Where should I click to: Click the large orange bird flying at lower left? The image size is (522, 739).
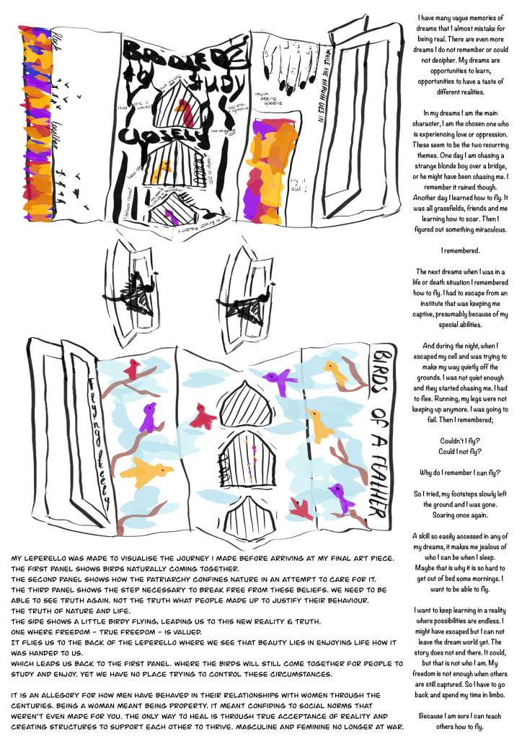(146, 473)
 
